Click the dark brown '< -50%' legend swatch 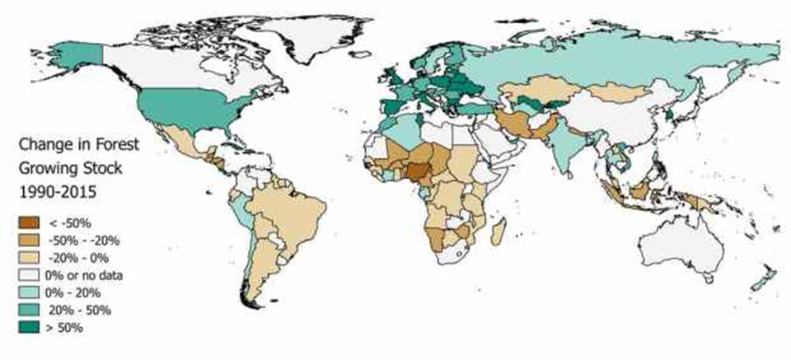(30, 222)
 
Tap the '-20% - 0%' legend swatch (30, 258)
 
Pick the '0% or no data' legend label (85, 275)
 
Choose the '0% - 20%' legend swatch (30, 292)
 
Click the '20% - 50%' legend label (79, 311)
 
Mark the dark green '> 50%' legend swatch (30, 328)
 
